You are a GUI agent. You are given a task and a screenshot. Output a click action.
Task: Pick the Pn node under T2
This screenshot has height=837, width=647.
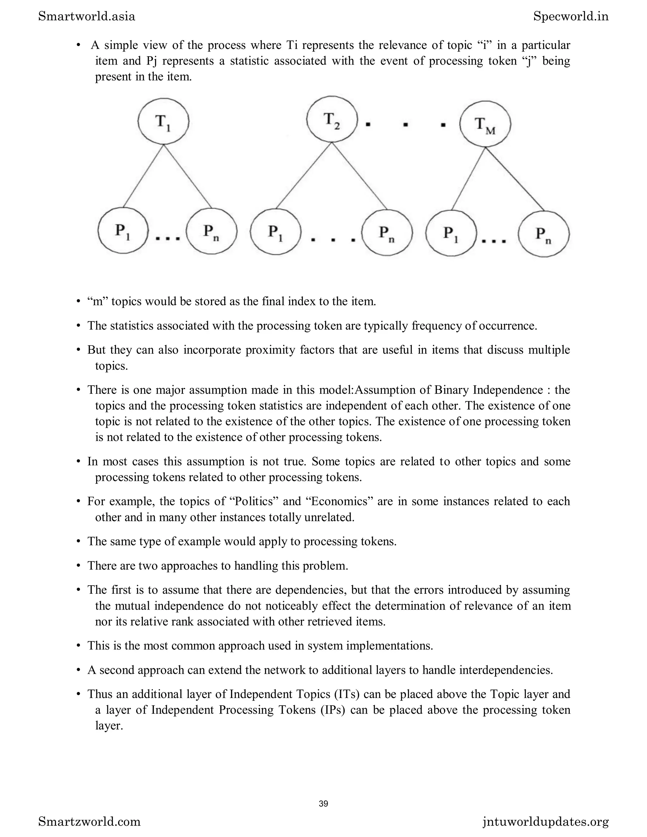[x=387, y=233]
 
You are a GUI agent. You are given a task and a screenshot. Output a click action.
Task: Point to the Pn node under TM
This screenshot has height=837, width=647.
[x=543, y=234]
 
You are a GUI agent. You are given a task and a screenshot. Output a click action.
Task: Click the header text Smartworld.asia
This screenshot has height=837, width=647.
[x=87, y=16]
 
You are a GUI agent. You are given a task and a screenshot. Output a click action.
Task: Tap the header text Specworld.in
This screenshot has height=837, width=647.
[x=571, y=16]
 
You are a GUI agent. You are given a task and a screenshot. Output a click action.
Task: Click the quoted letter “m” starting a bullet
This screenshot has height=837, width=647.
[x=97, y=301]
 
